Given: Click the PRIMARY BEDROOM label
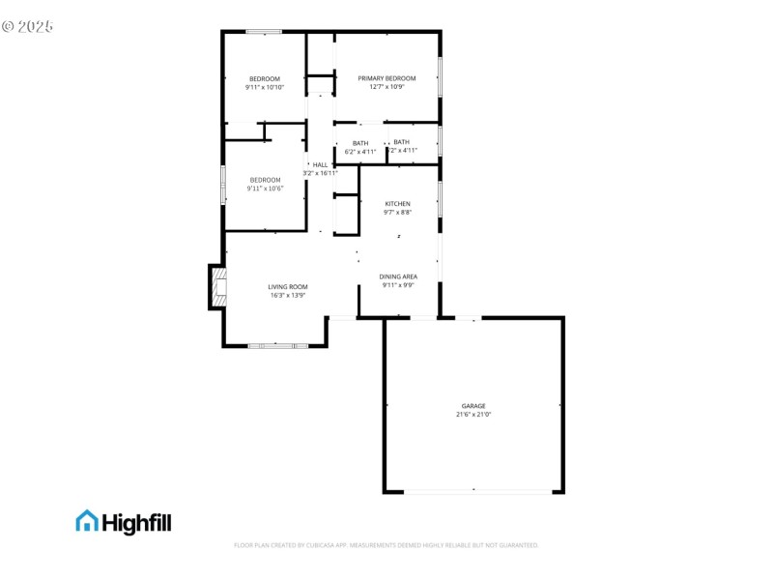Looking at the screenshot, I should tap(386, 78).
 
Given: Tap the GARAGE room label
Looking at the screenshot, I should tap(473, 406).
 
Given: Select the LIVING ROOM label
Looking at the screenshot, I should tap(288, 287).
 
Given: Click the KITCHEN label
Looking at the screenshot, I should tap(398, 204).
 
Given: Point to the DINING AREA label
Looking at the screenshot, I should tap(398, 276).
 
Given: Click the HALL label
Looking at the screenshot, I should tap(320, 165).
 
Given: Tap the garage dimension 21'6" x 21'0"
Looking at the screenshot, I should tap(473, 415).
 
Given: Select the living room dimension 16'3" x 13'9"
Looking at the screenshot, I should tap(288, 296).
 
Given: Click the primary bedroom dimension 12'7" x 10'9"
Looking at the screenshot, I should tap(386, 87).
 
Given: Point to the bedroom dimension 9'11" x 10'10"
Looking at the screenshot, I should tap(265, 88).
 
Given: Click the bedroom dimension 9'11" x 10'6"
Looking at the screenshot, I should tap(265, 188).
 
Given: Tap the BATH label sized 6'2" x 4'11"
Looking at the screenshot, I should tap(360, 143).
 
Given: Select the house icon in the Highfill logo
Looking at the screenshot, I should tap(87, 521).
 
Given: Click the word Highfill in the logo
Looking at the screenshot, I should tap(136, 522).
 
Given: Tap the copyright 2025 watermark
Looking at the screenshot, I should tap(27, 26).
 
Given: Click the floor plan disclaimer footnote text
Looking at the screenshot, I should tap(386, 545).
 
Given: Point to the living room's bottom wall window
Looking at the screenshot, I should tap(277, 345).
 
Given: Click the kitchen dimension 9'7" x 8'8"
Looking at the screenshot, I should tap(398, 213).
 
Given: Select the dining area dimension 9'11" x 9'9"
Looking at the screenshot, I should tap(398, 285).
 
